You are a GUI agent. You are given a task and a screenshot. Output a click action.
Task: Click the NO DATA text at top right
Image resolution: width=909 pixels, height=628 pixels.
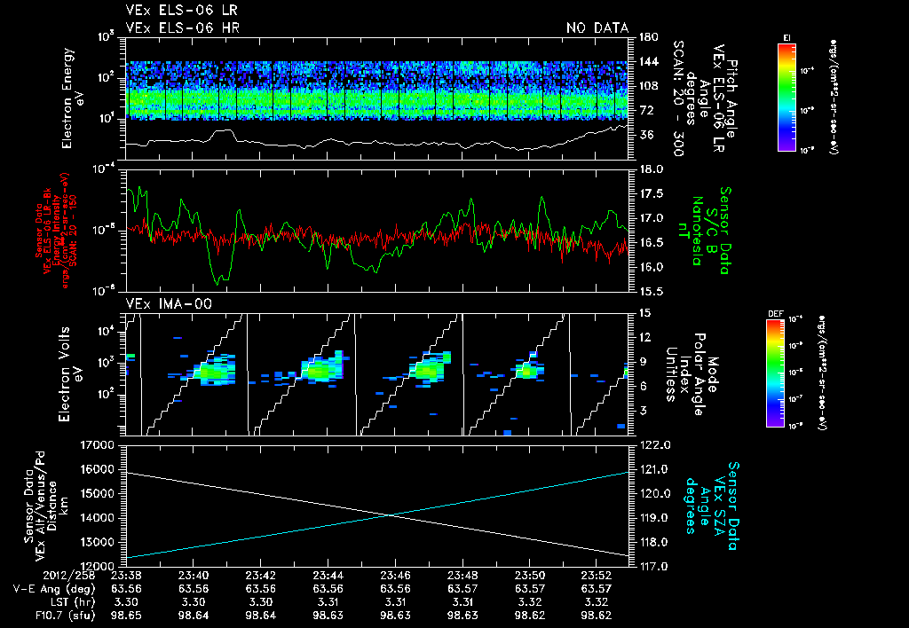pyautogui.click(x=597, y=28)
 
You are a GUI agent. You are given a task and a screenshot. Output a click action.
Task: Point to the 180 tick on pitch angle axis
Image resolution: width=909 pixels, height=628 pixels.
pyautogui.click(x=646, y=37)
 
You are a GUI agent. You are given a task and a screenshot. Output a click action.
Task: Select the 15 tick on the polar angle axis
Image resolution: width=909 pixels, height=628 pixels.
pyautogui.click(x=644, y=313)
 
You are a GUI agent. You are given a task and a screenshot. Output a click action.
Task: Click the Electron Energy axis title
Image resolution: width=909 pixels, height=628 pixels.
pyautogui.click(x=71, y=93)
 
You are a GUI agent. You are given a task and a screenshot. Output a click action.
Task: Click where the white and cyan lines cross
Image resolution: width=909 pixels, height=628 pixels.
pyautogui.click(x=392, y=516)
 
